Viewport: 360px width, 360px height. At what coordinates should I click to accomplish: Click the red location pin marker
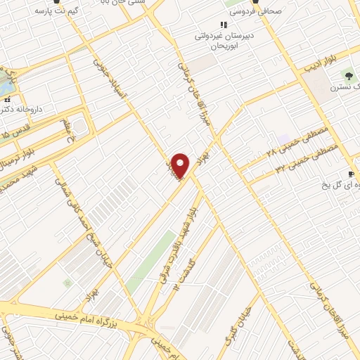[181, 166]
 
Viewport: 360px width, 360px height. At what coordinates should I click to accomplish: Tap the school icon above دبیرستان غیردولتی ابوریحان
[224, 25]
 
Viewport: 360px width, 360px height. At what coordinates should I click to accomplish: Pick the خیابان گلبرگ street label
[235, 331]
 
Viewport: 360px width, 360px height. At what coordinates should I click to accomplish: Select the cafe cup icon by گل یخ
[352, 174]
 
